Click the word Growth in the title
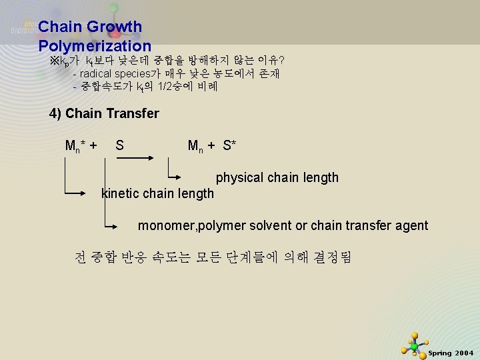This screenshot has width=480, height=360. (115, 27)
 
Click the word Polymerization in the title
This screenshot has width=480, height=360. (95, 47)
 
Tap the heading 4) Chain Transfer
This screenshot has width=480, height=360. (105, 113)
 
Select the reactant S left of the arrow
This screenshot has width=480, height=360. (119, 145)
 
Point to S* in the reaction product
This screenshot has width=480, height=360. (230, 145)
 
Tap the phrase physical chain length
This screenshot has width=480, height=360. (277, 178)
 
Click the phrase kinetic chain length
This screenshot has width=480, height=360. (157, 194)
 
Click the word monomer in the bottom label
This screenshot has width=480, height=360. (163, 226)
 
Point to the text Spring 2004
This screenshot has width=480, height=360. (451, 353)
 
